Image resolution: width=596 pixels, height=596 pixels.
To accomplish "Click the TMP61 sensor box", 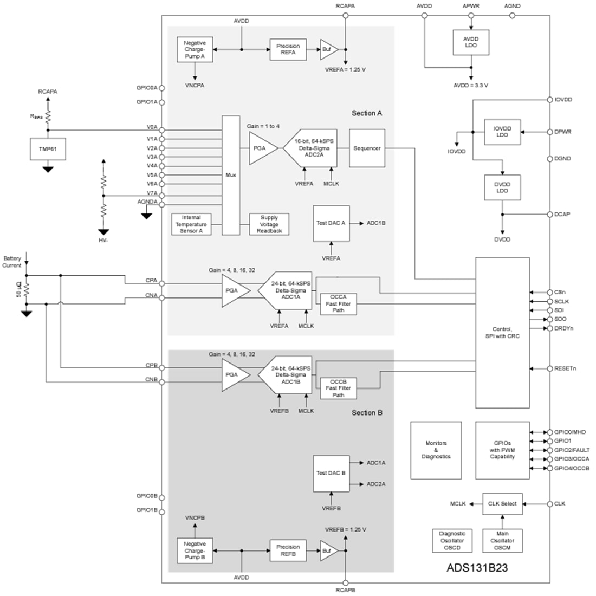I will tap(48, 149).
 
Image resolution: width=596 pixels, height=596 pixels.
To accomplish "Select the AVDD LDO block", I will tap(470, 42).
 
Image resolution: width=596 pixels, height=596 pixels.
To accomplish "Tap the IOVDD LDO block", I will tap(502, 132).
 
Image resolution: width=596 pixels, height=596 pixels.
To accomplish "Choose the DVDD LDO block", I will tap(502, 187).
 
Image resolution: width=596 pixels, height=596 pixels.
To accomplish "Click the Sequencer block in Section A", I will tap(367, 148).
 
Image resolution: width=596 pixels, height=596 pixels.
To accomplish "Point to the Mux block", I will tap(231, 175).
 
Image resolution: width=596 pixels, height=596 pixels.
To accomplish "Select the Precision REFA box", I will tap(288, 49).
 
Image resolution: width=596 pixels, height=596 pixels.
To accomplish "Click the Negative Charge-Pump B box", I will tap(195, 550).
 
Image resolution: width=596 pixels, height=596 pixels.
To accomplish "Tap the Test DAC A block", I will tap(331, 223).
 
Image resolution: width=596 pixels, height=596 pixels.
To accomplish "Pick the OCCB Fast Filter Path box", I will tap(338, 388).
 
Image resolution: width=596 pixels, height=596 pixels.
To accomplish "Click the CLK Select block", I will tap(502, 504).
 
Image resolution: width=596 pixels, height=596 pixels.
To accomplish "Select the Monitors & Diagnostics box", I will tap(436, 450).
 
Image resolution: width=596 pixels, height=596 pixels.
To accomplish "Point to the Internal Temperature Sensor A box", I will tap(191, 224).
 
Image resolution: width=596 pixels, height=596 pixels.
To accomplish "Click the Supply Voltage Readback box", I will tap(269, 224).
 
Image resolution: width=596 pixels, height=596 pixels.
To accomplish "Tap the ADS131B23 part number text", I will tap(477, 569).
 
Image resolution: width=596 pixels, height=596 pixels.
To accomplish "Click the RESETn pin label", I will tap(565, 369).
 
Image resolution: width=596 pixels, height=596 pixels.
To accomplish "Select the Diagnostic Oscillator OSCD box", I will tap(452, 541).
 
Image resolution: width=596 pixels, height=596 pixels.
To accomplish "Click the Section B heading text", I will tap(367, 412).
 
